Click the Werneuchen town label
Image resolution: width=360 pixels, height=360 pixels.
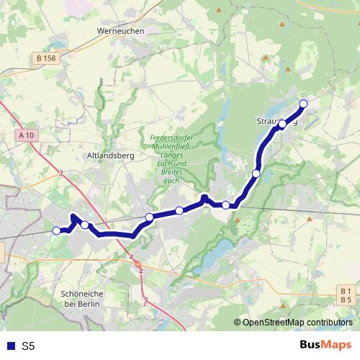click(x=120, y=32)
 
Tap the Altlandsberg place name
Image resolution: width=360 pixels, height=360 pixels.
click(x=106, y=155)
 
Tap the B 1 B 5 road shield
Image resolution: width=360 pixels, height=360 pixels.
click(x=345, y=294)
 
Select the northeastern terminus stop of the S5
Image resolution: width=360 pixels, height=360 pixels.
click(x=303, y=104)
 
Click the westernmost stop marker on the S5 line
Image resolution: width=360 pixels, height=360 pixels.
click(x=57, y=230)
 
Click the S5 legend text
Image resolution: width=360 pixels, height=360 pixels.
click(x=29, y=346)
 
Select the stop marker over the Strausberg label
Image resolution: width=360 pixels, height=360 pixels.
click(x=283, y=125)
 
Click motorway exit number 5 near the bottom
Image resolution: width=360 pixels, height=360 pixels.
click(x=145, y=299)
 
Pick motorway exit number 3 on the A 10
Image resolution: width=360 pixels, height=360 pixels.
click(x=61, y=173)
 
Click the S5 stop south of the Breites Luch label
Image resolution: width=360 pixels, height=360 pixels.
click(x=179, y=210)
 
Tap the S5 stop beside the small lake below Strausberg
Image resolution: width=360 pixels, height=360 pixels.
click(x=256, y=174)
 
